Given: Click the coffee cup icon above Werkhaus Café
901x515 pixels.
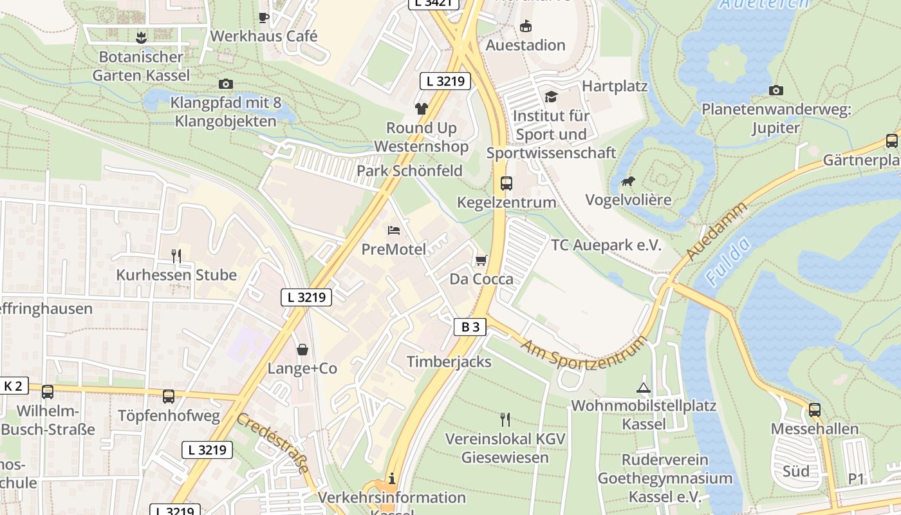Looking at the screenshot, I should [263, 17].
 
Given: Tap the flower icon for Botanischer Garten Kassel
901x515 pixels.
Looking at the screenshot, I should [141, 37].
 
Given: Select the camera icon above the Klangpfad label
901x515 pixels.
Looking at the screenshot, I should [225, 84].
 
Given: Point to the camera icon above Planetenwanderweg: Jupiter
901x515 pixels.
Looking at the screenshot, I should [776, 90].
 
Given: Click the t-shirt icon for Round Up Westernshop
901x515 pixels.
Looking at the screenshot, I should [421, 108].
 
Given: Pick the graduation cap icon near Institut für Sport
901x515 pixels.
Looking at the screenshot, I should [551, 97].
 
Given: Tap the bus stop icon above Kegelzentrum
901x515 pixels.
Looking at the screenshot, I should [506, 183].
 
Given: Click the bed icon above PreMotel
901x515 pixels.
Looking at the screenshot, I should [394, 230].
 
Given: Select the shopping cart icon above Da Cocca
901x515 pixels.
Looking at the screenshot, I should [481, 260].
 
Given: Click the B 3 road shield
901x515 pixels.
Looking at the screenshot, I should [470, 327].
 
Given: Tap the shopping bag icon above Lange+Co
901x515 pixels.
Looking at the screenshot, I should [302, 350].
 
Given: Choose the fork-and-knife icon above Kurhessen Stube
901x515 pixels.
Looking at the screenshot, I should [176, 256].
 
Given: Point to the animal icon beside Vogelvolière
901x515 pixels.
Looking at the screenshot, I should [628, 181].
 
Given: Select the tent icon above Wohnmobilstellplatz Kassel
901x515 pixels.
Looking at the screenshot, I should [643, 388].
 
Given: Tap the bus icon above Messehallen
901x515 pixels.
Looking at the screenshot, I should [815, 409].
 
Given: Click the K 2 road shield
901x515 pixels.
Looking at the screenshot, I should [13, 386].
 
